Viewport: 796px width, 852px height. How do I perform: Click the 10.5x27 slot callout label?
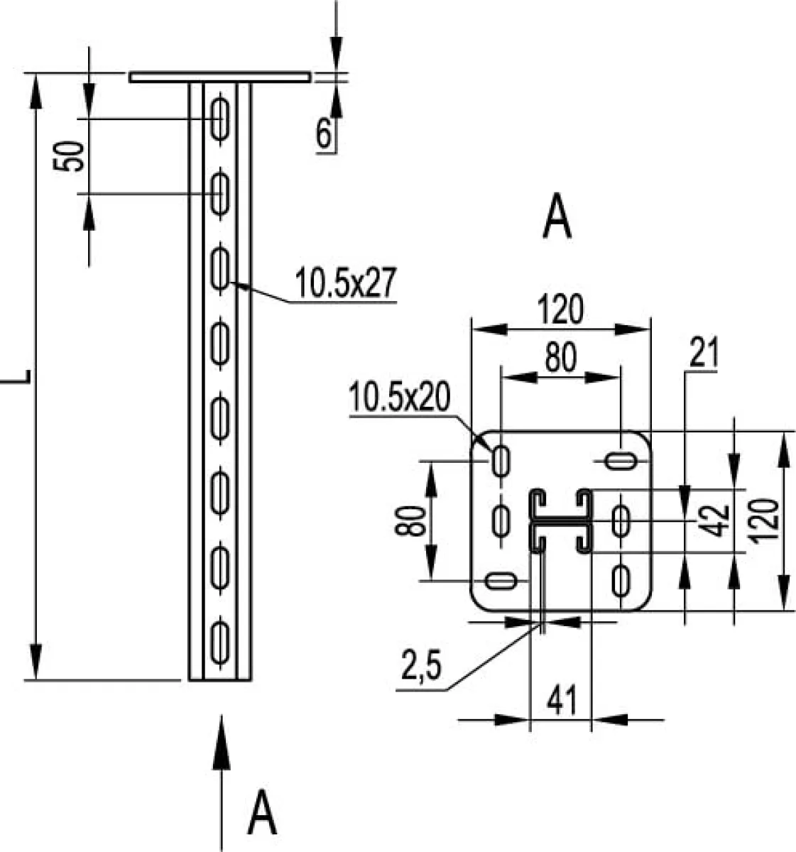click(345, 283)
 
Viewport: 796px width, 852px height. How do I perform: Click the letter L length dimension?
click(16, 376)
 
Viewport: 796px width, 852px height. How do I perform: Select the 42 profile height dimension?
click(713, 521)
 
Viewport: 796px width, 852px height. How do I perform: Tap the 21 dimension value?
click(704, 354)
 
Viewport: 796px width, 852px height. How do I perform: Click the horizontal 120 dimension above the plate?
click(561, 310)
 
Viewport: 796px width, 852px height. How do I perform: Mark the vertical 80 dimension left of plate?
click(410, 521)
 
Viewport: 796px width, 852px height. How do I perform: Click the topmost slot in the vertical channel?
click(219, 119)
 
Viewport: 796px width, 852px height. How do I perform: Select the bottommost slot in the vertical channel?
click(219, 641)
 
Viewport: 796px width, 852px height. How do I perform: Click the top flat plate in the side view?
click(219, 77)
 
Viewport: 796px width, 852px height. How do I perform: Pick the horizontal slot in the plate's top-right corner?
click(620, 461)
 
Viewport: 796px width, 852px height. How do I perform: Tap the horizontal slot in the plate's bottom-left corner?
click(500, 581)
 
